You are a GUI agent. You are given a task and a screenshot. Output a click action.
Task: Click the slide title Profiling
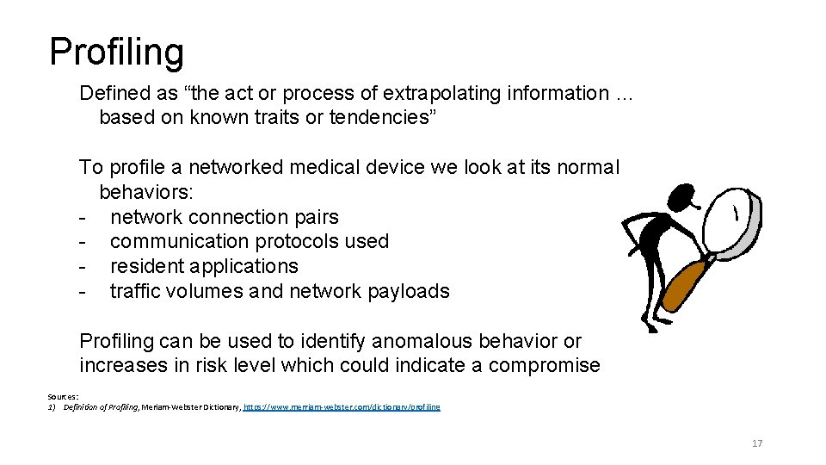tap(116, 52)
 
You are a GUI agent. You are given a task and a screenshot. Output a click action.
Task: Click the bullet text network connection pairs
tap(225, 217)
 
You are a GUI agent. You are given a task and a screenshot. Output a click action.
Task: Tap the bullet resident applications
tap(204, 266)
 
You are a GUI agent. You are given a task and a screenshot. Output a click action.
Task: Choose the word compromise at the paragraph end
tap(544, 365)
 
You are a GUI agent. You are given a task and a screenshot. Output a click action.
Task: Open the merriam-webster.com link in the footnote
tap(342, 406)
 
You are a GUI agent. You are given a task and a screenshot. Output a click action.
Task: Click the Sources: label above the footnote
tap(63, 398)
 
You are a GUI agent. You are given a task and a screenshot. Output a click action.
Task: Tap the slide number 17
tap(757, 443)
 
